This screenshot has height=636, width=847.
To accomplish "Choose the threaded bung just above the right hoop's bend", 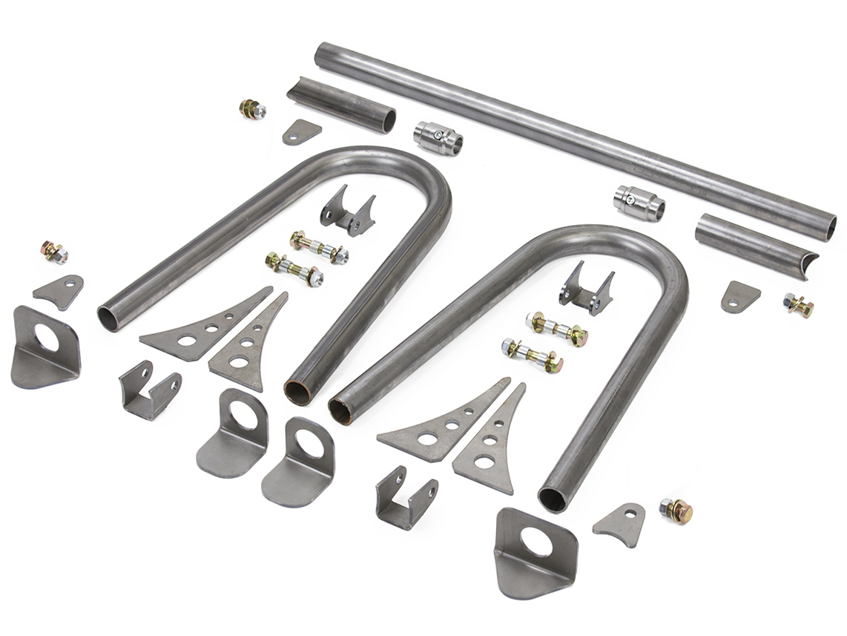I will [638, 203].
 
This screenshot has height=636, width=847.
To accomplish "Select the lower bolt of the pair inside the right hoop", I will [532, 355].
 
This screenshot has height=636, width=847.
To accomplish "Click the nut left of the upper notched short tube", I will [252, 110].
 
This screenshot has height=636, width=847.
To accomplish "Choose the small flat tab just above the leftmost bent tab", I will [59, 290].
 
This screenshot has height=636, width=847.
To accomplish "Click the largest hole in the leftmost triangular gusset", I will [185, 340].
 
